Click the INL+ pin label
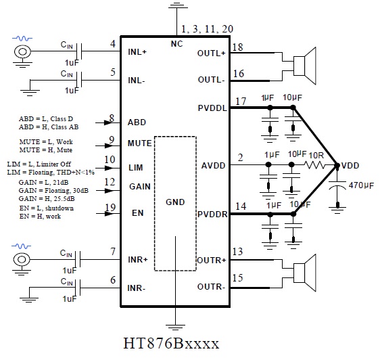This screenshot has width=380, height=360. click(x=137, y=52)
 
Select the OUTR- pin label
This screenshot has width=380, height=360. click(x=211, y=287)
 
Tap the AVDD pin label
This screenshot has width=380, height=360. click(x=213, y=166)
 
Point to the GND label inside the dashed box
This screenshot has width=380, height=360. click(x=175, y=202)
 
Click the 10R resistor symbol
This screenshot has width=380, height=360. click(x=314, y=165)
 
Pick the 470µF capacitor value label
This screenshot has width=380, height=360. click(x=361, y=185)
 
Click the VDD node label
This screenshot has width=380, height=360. click(x=350, y=166)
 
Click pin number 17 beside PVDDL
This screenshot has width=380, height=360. click(x=241, y=101)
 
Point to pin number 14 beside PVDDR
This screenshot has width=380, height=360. click(x=241, y=206)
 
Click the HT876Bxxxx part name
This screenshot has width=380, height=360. click(x=171, y=343)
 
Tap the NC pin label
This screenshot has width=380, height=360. click(x=176, y=44)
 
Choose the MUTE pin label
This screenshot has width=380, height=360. click(x=139, y=143)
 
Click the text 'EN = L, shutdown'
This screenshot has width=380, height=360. click(x=47, y=208)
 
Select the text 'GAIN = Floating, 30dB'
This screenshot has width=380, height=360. click(x=53, y=190)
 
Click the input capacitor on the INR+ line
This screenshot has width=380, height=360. click(x=78, y=260)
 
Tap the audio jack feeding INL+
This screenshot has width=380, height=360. click(x=22, y=51)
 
